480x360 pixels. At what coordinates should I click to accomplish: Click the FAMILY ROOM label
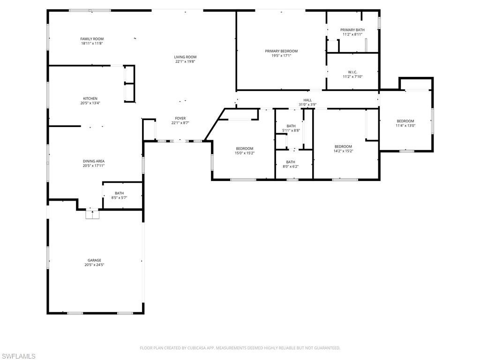click(92, 39)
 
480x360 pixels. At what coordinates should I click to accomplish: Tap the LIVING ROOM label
click(185, 57)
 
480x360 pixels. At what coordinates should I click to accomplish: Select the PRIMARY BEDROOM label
click(281, 51)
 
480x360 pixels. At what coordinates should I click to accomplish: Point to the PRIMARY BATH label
click(352, 30)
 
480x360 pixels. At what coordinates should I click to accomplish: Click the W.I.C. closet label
click(352, 72)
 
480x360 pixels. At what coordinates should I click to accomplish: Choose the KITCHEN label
click(90, 98)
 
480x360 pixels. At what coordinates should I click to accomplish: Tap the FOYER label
click(180, 119)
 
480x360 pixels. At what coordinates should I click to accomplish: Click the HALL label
click(307, 100)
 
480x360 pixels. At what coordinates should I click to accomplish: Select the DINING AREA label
click(94, 161)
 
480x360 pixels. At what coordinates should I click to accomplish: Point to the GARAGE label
click(94, 260)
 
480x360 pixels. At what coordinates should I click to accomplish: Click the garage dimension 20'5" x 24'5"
click(94, 265)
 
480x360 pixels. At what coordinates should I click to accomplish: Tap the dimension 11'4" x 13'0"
click(405, 126)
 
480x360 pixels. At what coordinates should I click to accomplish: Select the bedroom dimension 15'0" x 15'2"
click(244, 153)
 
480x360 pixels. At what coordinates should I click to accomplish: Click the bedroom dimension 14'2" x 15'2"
click(343, 151)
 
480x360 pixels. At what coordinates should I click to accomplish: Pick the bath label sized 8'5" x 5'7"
click(120, 193)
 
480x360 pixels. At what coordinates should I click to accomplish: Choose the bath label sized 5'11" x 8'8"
click(291, 126)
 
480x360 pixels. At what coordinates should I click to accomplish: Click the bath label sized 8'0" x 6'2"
click(291, 162)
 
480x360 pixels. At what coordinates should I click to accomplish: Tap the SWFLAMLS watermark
click(18, 356)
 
